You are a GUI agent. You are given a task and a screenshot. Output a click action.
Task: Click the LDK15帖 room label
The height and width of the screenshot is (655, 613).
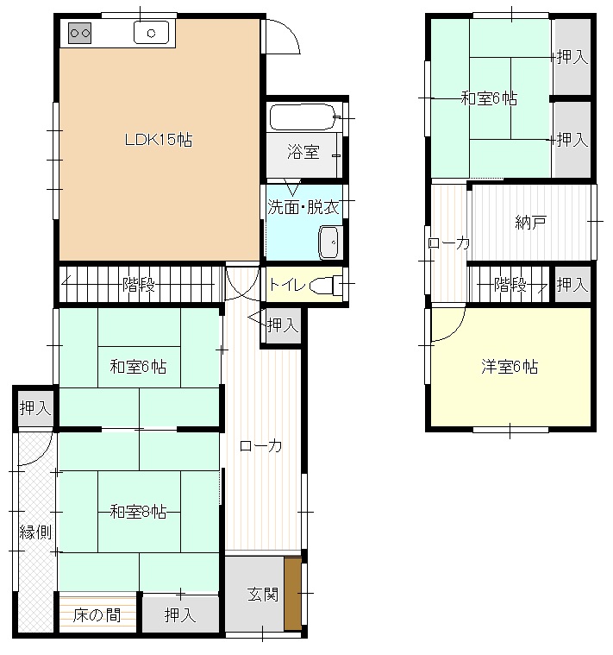(x=159, y=140)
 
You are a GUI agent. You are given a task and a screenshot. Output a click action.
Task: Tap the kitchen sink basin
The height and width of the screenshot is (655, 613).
(x=151, y=33)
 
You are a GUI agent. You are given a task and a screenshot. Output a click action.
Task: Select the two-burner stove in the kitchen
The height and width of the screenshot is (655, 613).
(x=80, y=33)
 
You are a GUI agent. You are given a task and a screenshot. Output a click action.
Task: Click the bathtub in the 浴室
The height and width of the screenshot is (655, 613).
(x=303, y=117)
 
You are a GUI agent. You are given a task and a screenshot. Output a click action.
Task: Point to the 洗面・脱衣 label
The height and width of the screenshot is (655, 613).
(x=303, y=207)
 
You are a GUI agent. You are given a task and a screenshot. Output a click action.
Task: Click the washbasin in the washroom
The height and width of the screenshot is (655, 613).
(x=330, y=242)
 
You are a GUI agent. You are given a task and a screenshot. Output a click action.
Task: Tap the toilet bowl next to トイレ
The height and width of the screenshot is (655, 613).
(x=326, y=286)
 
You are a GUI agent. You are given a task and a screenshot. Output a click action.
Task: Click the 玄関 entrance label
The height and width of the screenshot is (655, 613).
(x=262, y=594)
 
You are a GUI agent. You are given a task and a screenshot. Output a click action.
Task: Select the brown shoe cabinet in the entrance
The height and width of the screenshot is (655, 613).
(x=293, y=593)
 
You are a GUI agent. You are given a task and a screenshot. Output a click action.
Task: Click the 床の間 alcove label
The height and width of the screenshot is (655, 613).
(x=97, y=615)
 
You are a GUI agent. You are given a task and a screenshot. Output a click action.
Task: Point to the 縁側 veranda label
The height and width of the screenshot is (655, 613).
(x=35, y=532)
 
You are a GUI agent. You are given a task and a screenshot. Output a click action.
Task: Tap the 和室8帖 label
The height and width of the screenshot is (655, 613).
(x=138, y=511)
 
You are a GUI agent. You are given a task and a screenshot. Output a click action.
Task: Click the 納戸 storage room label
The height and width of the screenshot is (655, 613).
(x=531, y=223)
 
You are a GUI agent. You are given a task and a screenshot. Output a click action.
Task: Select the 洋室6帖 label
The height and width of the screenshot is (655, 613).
(x=510, y=367)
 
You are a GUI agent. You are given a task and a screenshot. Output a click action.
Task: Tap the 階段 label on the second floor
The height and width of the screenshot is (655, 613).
(x=510, y=285)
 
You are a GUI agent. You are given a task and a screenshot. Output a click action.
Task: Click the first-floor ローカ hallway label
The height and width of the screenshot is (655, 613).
(x=261, y=446)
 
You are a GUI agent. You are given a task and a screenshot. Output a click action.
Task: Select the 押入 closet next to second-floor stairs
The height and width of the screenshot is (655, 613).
(x=572, y=285)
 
